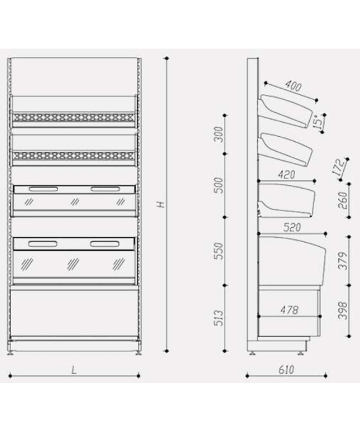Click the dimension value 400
tap(293, 86)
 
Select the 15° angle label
tap(318, 122)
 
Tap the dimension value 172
tap(339, 167)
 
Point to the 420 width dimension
tap(286, 174)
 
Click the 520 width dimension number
tap(292, 227)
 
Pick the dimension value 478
tap(289, 310)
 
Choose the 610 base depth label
tap(286, 369)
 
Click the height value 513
tap(218, 318)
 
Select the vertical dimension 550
tap(218, 251)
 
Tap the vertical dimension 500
tap(218, 185)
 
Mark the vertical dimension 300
tap(218, 134)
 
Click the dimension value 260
tap(342, 200)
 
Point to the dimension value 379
tap(342, 261)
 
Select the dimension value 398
tap(342, 310)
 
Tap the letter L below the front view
tap(74, 370)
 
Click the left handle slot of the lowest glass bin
tap(42, 244)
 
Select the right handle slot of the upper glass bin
tap(105, 189)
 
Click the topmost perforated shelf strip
tap(73, 117)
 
